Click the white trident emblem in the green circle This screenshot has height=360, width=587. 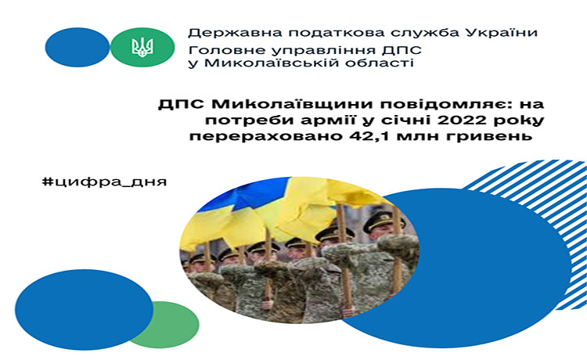click(x=142, y=47)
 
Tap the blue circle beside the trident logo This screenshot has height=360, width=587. click(x=77, y=47)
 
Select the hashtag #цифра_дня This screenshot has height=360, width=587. click(x=105, y=182)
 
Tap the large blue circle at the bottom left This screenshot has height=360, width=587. click(x=84, y=310)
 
